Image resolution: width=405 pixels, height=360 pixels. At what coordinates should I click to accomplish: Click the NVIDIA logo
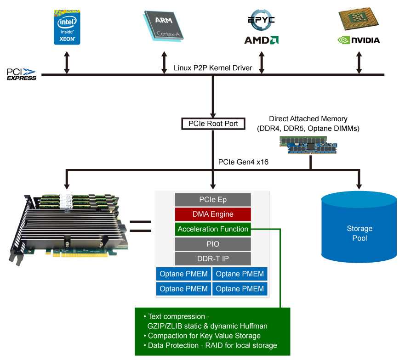(x=359, y=40)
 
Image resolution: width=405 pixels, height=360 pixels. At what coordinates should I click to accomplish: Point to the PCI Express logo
(x=21, y=74)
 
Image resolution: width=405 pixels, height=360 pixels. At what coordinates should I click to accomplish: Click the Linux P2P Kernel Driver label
(x=213, y=68)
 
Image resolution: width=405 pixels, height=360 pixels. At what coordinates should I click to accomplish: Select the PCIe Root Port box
(x=213, y=124)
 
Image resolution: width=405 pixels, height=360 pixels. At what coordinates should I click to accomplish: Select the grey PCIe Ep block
(x=213, y=200)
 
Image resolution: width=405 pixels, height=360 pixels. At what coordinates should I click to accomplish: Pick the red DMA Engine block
(x=213, y=214)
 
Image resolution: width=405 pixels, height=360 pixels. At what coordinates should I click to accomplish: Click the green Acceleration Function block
(x=213, y=229)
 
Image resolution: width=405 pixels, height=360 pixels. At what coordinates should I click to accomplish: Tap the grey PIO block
(x=213, y=244)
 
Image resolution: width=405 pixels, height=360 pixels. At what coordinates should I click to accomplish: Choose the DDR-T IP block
(x=213, y=259)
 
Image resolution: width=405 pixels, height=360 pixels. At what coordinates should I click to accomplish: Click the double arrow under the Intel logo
(x=67, y=62)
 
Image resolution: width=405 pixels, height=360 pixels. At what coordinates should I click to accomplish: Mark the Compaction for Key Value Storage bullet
(x=201, y=336)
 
